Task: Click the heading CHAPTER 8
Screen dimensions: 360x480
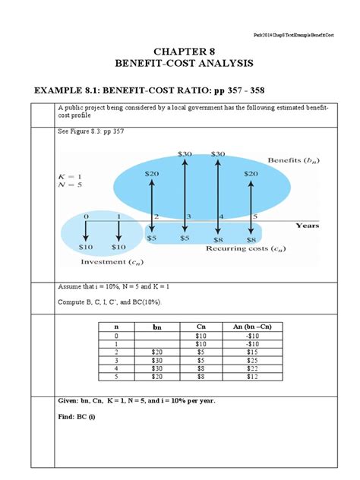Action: coord(180,52)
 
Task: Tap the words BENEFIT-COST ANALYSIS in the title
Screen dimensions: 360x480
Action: coord(180,66)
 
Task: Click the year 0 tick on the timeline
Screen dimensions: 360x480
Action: coord(86,217)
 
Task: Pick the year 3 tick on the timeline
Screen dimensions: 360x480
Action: coord(185,217)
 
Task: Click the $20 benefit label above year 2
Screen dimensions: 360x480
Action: coord(152,174)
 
